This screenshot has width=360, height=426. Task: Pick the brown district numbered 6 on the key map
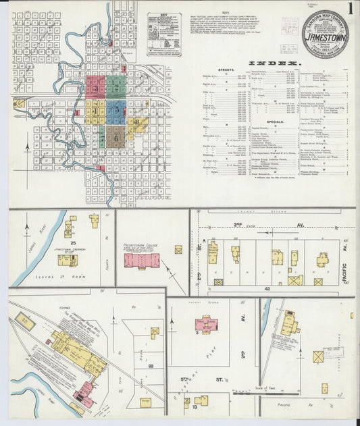[x=116, y=136]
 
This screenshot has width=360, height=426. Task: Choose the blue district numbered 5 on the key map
[x=116, y=109]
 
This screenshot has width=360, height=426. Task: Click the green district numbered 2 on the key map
[x=117, y=86]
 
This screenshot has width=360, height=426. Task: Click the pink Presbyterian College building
[x=141, y=260]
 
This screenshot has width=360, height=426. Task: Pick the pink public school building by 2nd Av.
[x=207, y=325]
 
